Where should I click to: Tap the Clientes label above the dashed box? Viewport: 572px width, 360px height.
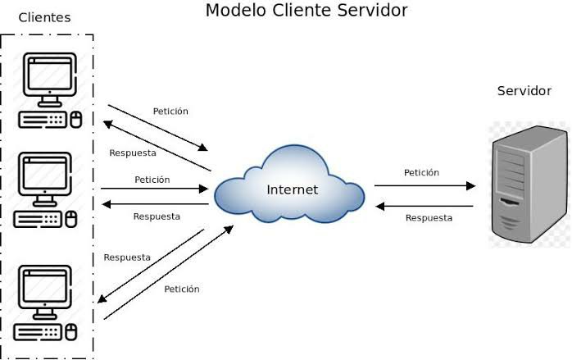click(x=44, y=17)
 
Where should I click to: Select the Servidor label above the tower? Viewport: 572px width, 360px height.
click(x=524, y=91)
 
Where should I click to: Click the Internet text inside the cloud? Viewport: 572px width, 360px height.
click(x=293, y=190)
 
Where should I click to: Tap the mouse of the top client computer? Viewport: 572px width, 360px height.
click(x=76, y=120)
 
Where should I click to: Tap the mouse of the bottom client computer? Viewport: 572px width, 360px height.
click(x=72, y=332)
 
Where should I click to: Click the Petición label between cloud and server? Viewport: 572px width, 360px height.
click(x=421, y=173)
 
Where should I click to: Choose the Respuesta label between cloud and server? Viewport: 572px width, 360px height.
click(x=429, y=218)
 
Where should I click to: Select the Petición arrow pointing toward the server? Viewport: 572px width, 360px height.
click(x=424, y=186)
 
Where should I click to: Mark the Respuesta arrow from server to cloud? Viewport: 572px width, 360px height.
click(x=424, y=206)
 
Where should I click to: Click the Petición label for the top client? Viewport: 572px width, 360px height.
click(x=170, y=111)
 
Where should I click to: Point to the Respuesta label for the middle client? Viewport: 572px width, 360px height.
click(x=157, y=216)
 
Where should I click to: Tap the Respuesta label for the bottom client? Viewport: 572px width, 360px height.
click(x=127, y=257)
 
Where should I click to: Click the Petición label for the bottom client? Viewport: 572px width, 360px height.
click(x=181, y=289)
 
